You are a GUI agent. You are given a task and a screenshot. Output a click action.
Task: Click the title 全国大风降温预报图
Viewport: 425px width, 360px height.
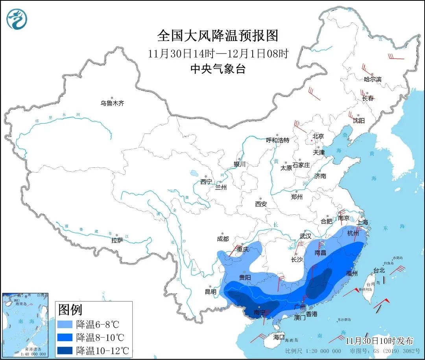[218, 36]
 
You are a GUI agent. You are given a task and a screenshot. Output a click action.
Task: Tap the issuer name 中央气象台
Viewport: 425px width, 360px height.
[218, 69]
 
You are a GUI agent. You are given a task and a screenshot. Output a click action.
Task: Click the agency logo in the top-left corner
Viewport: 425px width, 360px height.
[17, 19]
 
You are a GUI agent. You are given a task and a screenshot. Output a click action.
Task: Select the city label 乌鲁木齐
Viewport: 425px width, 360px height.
[112, 104]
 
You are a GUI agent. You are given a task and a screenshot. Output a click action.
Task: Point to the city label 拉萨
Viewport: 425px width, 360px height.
[117, 240]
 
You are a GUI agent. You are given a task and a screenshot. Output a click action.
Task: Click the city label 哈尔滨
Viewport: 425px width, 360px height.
[372, 80]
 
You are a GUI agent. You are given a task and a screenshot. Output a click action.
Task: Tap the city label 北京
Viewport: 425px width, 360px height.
[318, 136]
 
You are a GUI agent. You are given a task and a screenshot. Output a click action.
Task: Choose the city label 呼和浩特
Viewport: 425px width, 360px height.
[277, 140]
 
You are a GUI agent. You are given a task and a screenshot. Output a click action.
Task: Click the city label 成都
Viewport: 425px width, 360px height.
[222, 239]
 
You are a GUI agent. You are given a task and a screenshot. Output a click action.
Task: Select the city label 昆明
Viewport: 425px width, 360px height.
[211, 292]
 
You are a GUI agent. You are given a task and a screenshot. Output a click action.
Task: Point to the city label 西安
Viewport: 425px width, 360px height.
[261, 204]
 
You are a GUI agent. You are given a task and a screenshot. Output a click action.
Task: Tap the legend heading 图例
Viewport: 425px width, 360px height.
[70, 310]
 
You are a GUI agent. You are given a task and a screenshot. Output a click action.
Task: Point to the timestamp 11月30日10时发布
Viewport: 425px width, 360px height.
[379, 341]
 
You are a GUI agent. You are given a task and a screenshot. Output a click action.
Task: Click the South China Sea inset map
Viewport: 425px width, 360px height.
[25, 325]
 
